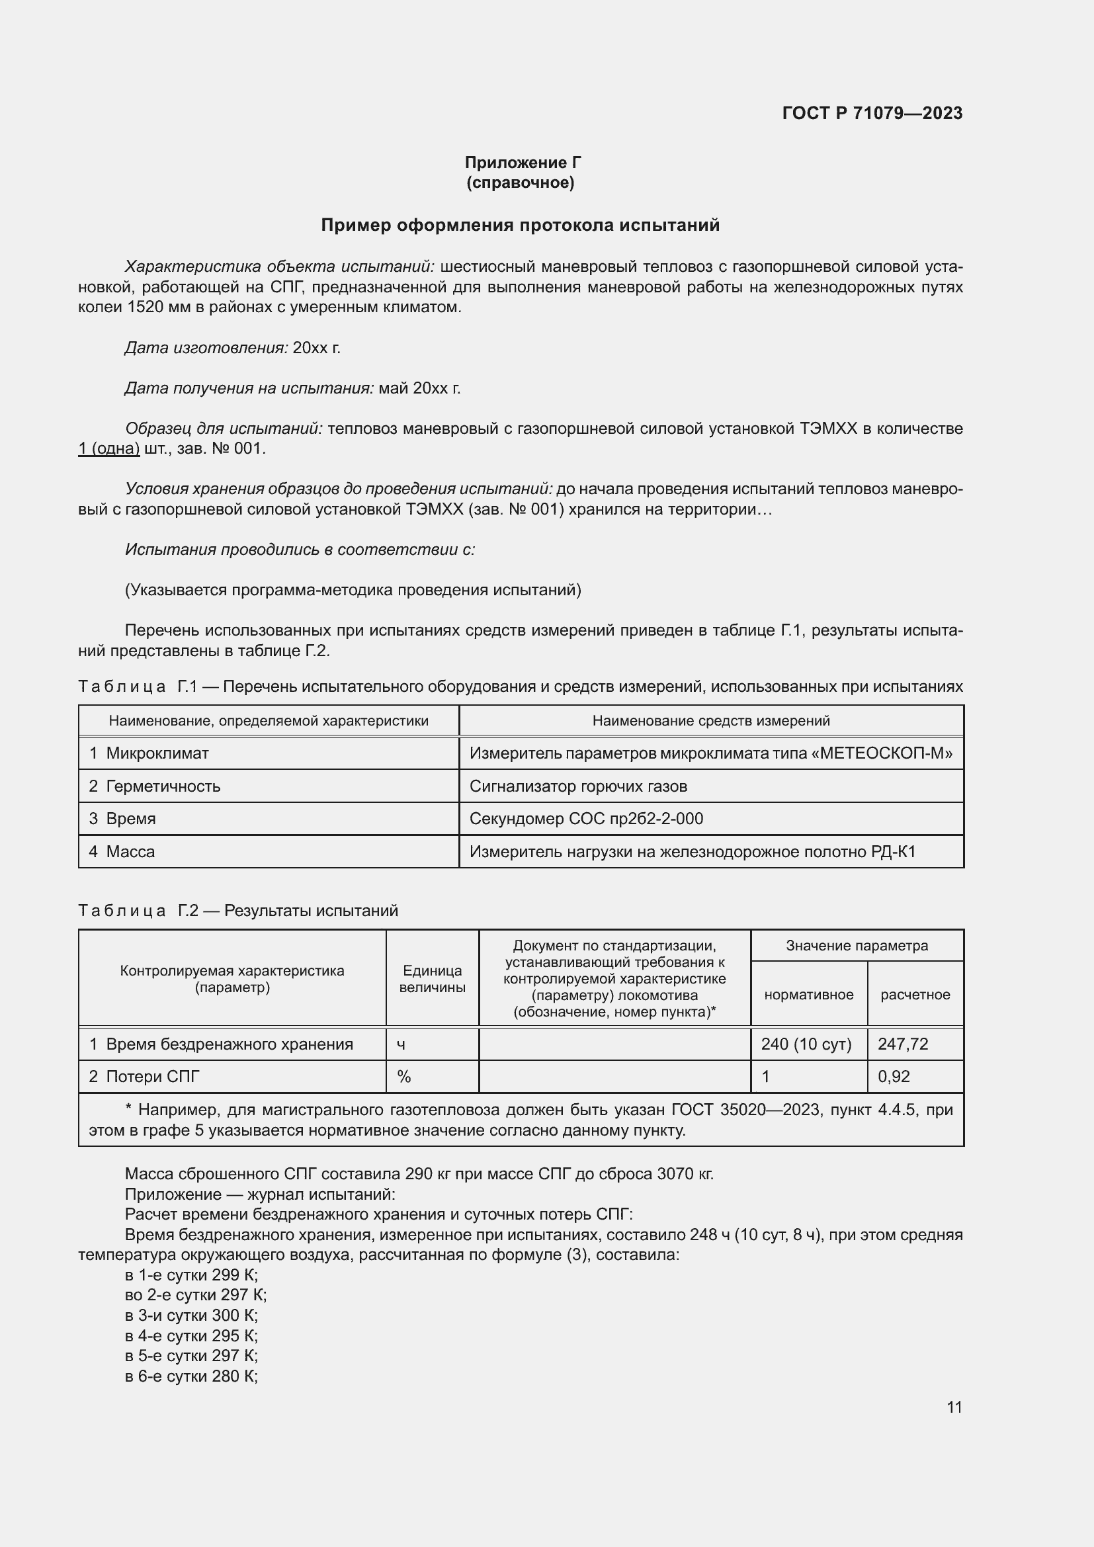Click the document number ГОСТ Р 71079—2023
click(x=872, y=113)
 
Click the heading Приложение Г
click(x=523, y=163)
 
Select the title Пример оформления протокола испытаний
click(x=520, y=225)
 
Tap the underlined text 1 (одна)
click(x=109, y=448)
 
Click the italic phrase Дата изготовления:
click(x=206, y=348)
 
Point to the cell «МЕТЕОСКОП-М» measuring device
click(x=710, y=753)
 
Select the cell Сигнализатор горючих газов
click(x=578, y=786)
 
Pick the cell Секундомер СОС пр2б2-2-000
click(x=586, y=819)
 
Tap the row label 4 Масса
click(x=122, y=852)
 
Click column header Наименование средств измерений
click(x=710, y=721)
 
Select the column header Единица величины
click(x=432, y=979)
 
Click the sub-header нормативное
click(x=808, y=995)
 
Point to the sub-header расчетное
click(x=915, y=995)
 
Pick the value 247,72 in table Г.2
click(x=903, y=1044)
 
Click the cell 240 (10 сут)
click(x=806, y=1044)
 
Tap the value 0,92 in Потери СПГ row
click(x=894, y=1077)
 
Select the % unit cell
click(x=404, y=1077)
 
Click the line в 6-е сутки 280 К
click(x=191, y=1376)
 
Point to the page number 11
click(x=954, y=1407)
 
